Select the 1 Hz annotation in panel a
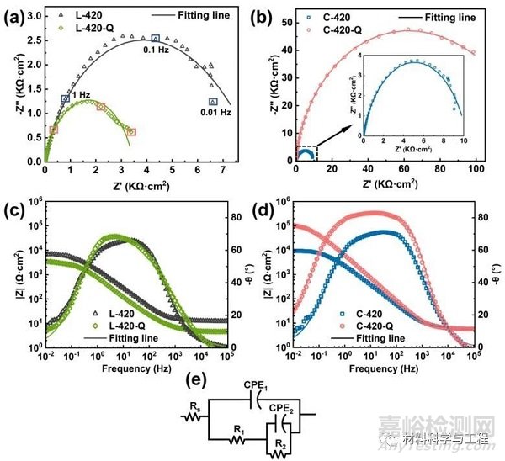pyautogui.click(x=82, y=95)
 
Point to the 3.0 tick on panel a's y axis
pyautogui.click(x=32, y=15)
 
